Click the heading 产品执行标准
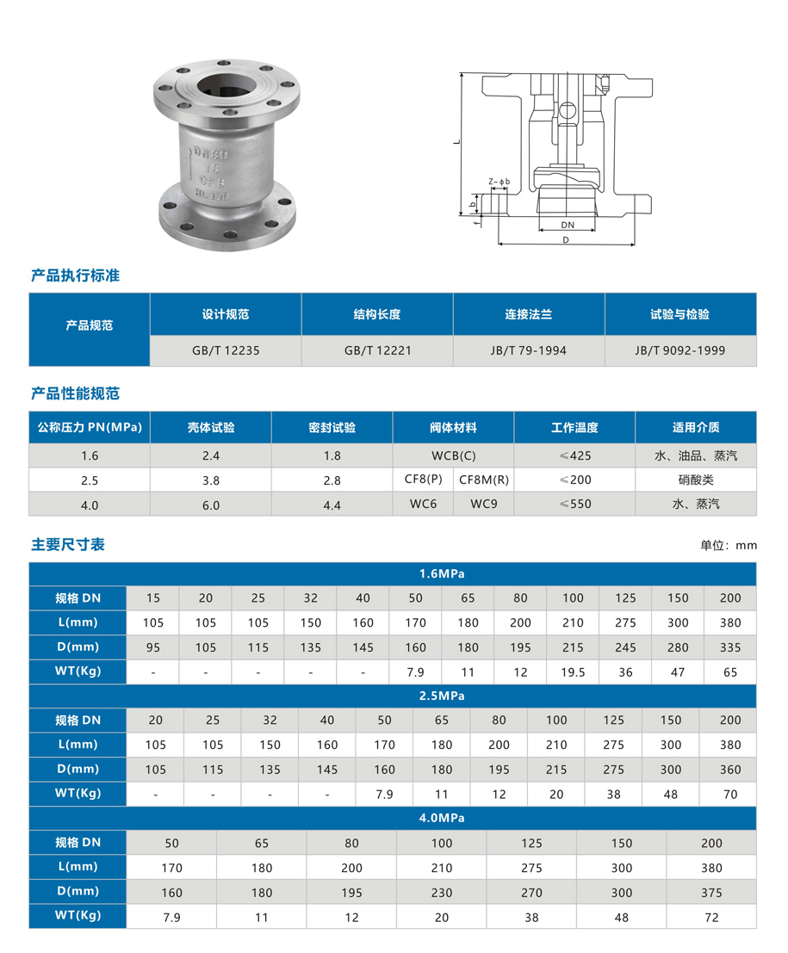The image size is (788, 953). point(75,275)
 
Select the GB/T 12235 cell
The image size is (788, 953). point(226,350)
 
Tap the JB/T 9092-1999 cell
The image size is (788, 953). point(680,350)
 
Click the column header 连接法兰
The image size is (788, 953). point(529,314)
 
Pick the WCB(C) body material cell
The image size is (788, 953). point(453,455)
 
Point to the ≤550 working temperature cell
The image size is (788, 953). point(574,504)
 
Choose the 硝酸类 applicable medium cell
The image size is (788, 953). point(696,480)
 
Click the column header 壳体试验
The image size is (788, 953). point(211,427)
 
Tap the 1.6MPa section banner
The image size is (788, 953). point(393,573)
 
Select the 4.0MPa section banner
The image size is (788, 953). point(393,818)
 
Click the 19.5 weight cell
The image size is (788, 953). point(574,672)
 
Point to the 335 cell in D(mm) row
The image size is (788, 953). point(730,647)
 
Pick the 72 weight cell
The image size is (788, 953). point(711,918)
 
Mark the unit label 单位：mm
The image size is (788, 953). point(729,545)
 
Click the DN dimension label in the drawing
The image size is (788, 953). point(567,224)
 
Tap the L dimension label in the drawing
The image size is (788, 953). point(457,142)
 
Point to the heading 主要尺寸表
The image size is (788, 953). point(68,545)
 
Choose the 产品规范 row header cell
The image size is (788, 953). point(90,325)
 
